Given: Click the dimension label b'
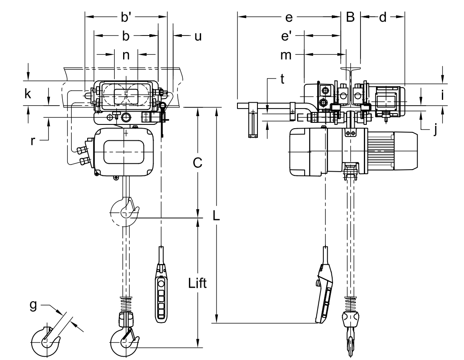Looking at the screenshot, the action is point(126,17).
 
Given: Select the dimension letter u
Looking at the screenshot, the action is point(198,36).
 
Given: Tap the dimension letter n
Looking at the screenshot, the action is point(126,55).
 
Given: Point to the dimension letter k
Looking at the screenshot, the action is point(28,94).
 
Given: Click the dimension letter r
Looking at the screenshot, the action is point(33,141).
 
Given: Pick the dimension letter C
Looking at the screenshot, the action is point(197,162).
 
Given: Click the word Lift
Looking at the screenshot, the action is point(197,283).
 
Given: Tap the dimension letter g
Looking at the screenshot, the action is point(33,305).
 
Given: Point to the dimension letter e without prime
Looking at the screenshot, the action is point(289,18).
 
